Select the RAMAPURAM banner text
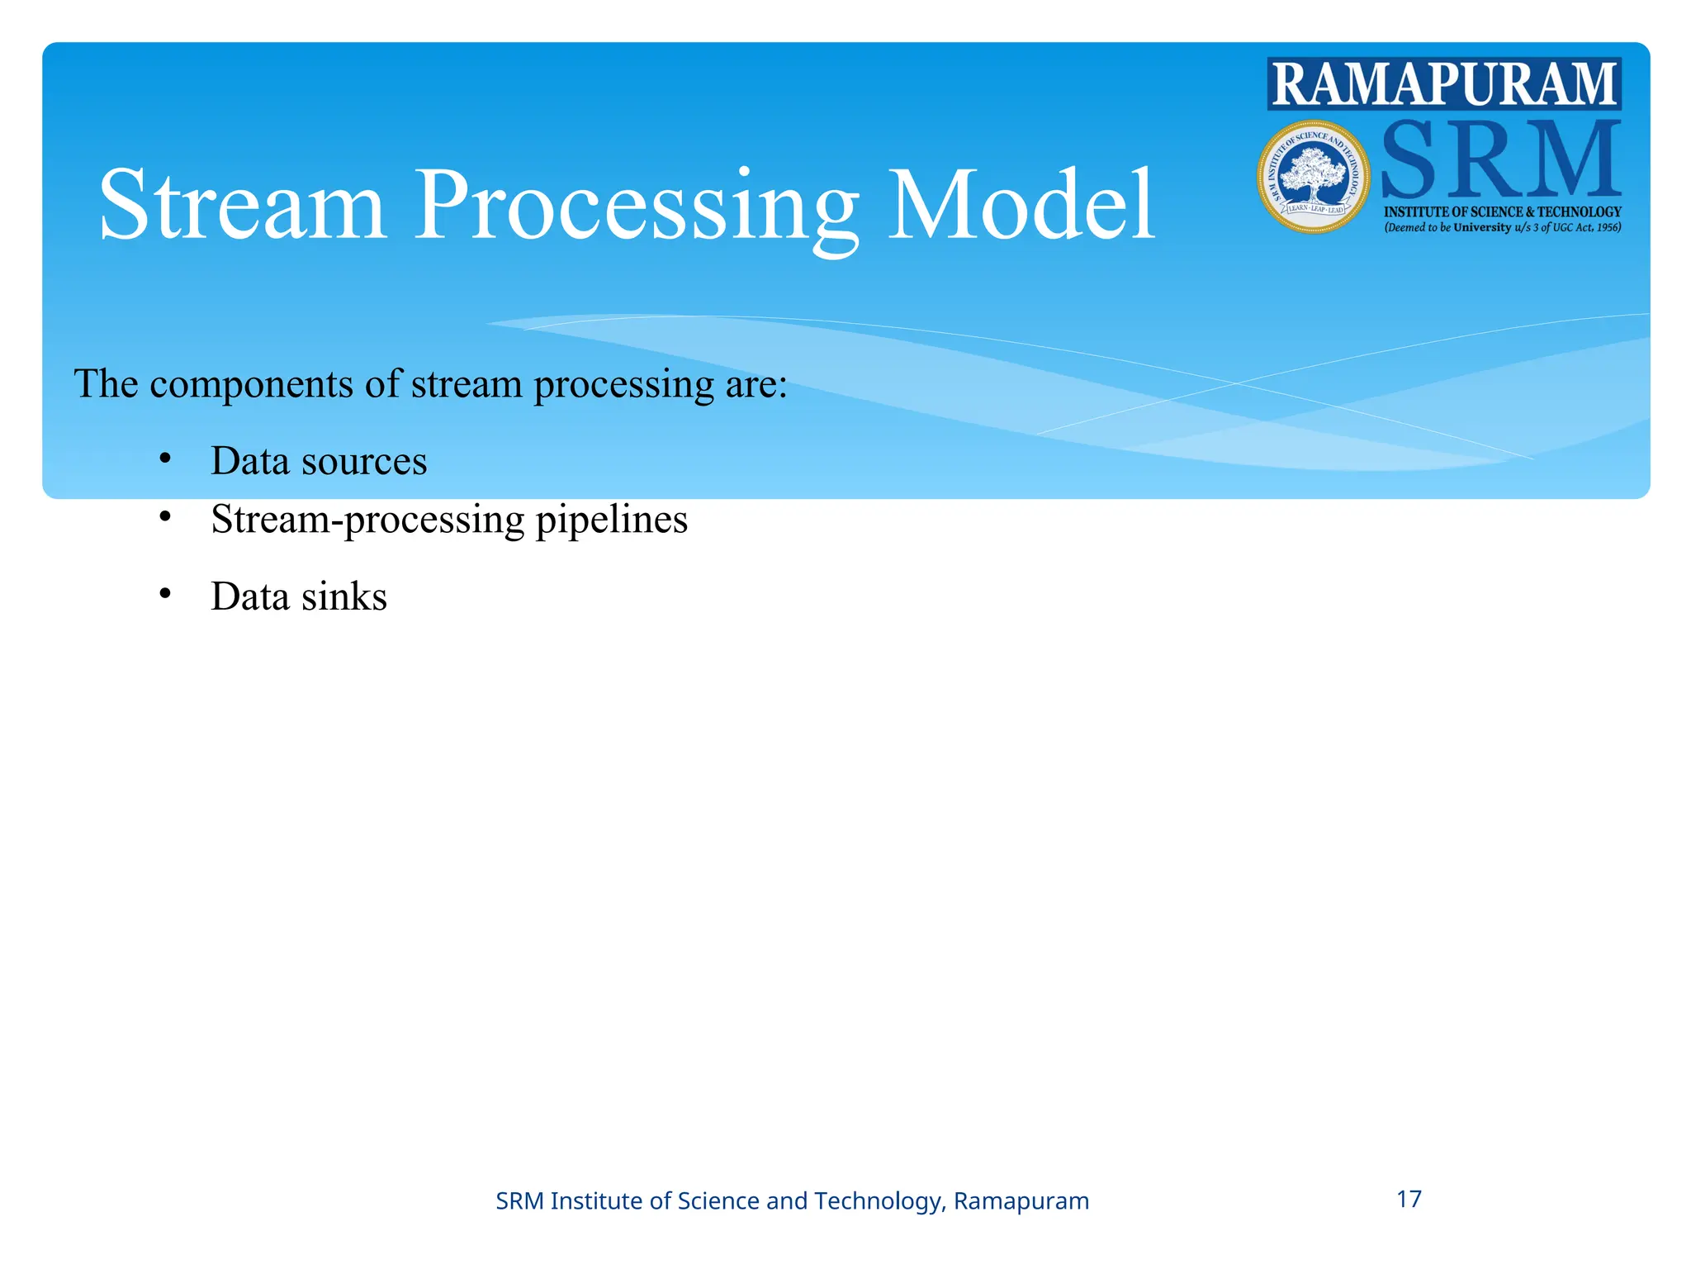point(1444,84)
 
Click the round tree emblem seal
point(1314,177)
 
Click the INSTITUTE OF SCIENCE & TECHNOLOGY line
point(1502,212)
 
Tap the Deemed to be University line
point(1502,228)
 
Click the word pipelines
point(612,520)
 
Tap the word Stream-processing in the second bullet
point(367,520)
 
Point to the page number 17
point(1409,1199)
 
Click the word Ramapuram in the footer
point(1021,1201)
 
